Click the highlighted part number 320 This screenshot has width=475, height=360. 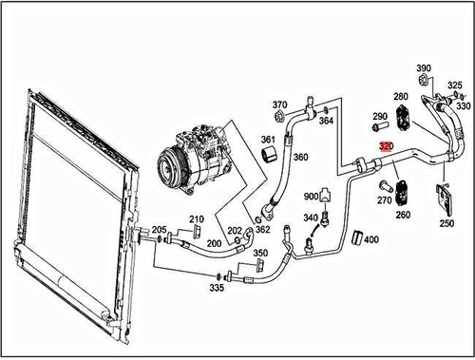[x=386, y=146]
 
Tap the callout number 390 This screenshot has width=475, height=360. [x=424, y=69]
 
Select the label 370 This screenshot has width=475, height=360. [x=279, y=104]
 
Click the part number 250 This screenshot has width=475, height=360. [x=446, y=223]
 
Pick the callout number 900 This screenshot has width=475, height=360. [x=311, y=196]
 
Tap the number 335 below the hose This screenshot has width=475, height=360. [x=217, y=288]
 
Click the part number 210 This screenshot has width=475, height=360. [x=196, y=218]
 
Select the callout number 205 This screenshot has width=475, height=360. [x=160, y=230]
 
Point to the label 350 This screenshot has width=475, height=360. [x=259, y=254]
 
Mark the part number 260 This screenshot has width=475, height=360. [x=403, y=215]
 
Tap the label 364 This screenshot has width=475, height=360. [x=326, y=121]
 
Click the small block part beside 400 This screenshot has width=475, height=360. [x=357, y=237]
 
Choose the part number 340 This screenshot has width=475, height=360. [x=311, y=218]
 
